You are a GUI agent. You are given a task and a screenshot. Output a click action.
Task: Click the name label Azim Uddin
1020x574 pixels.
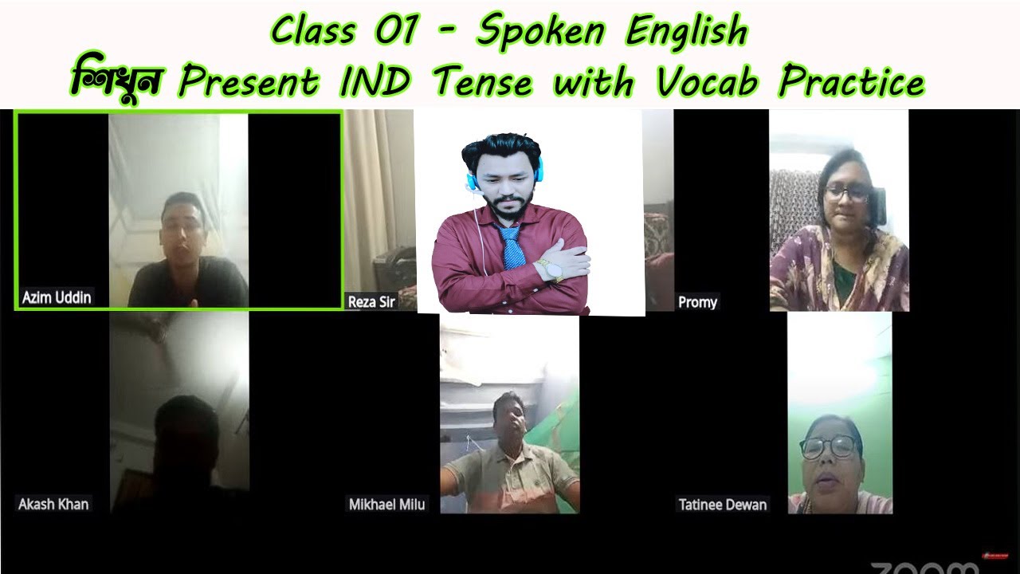[x=57, y=297]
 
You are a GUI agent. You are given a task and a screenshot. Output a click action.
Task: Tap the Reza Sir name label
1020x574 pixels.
[x=371, y=301]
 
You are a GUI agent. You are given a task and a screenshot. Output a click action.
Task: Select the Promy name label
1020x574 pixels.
[x=697, y=301]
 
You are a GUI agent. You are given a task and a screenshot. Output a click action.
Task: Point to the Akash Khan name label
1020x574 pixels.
[x=53, y=504]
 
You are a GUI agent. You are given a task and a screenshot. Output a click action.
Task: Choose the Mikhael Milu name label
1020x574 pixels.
[x=386, y=504]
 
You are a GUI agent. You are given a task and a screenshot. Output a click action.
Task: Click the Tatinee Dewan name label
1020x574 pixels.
[x=722, y=504]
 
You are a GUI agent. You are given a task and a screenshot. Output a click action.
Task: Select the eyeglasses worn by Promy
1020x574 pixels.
[x=847, y=192]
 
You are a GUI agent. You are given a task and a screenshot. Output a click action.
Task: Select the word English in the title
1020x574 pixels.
[x=687, y=32]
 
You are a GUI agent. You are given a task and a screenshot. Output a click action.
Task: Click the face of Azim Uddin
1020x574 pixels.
[x=182, y=226]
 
